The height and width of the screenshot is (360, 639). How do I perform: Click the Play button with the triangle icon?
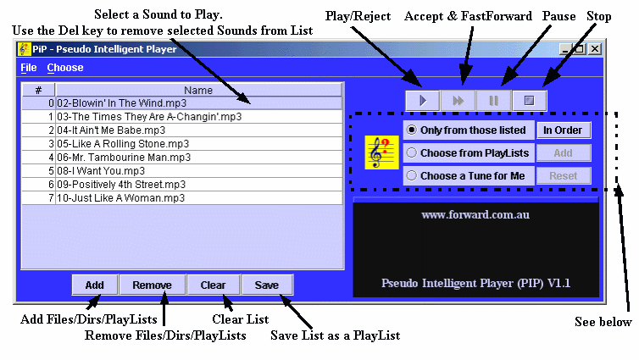423,101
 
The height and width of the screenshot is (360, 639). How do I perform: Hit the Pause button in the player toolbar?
493,101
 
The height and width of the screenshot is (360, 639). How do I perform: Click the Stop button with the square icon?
529,101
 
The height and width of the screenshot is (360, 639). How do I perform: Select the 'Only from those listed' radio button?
412,130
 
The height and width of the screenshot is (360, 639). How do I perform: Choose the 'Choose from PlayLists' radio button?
412,152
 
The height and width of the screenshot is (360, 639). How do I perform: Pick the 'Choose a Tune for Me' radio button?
412,175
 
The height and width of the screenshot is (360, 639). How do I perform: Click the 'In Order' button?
563,130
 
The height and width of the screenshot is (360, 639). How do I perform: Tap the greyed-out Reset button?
563,176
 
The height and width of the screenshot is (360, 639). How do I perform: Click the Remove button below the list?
152,285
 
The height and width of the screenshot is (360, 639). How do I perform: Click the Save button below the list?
267,285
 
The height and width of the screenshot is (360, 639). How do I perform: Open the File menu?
29,68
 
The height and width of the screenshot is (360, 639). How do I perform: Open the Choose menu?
65,68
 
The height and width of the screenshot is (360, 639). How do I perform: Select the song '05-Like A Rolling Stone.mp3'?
123,144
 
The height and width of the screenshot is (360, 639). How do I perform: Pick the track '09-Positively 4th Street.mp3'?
121,185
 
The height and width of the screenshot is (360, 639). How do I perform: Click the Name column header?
198,90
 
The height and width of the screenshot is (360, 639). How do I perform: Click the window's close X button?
595,49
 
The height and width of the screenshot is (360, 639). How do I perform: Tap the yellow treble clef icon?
381,152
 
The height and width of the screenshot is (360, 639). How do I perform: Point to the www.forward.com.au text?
475,214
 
